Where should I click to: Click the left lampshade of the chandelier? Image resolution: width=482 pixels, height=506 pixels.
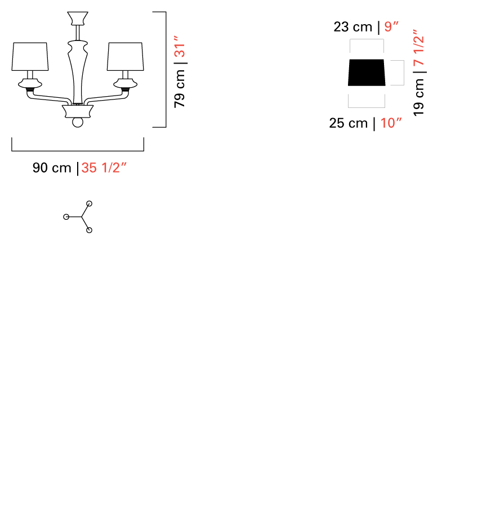point(30,56)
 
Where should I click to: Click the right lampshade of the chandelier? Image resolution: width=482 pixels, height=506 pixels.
point(126,56)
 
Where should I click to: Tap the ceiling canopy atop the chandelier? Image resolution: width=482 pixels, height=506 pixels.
point(78,19)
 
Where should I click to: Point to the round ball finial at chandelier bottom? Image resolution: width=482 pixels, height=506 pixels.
point(78,123)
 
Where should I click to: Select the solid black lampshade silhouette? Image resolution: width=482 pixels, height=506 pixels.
point(367,73)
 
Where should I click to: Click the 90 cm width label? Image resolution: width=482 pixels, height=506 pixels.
point(52,168)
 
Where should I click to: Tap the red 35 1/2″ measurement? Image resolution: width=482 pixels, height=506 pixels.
point(104,168)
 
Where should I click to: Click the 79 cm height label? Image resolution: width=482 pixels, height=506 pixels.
point(180,89)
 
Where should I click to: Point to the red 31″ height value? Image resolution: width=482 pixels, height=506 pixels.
point(180,46)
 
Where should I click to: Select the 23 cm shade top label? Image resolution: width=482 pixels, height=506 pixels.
point(353,27)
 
